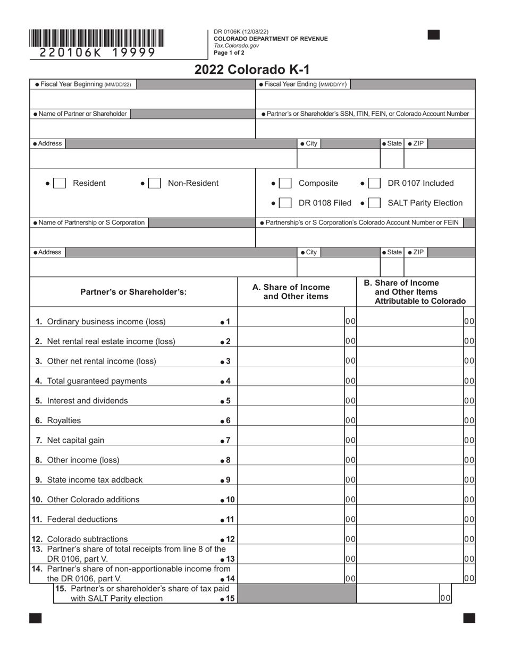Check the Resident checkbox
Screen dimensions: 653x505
click(x=60, y=183)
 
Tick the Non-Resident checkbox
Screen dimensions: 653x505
click(x=154, y=183)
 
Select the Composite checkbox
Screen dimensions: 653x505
click(x=285, y=183)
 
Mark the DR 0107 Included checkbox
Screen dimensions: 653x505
click(x=374, y=183)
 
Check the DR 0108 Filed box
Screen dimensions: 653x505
click(x=285, y=203)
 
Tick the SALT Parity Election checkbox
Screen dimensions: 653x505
click(x=374, y=203)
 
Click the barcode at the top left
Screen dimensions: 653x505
click(x=97, y=39)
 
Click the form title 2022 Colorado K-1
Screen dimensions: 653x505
click(x=252, y=70)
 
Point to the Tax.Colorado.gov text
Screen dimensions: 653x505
click(x=237, y=46)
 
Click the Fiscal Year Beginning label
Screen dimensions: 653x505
click(x=83, y=84)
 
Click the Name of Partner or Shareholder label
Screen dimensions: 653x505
click(x=81, y=114)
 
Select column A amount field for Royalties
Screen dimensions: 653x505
click(x=291, y=420)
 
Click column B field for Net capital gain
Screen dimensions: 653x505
click(x=410, y=440)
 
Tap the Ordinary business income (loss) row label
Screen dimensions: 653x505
click(x=106, y=322)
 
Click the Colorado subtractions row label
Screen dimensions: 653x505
click(x=87, y=539)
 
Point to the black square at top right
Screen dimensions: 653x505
click(x=434, y=35)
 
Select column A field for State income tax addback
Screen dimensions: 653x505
click(x=291, y=480)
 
